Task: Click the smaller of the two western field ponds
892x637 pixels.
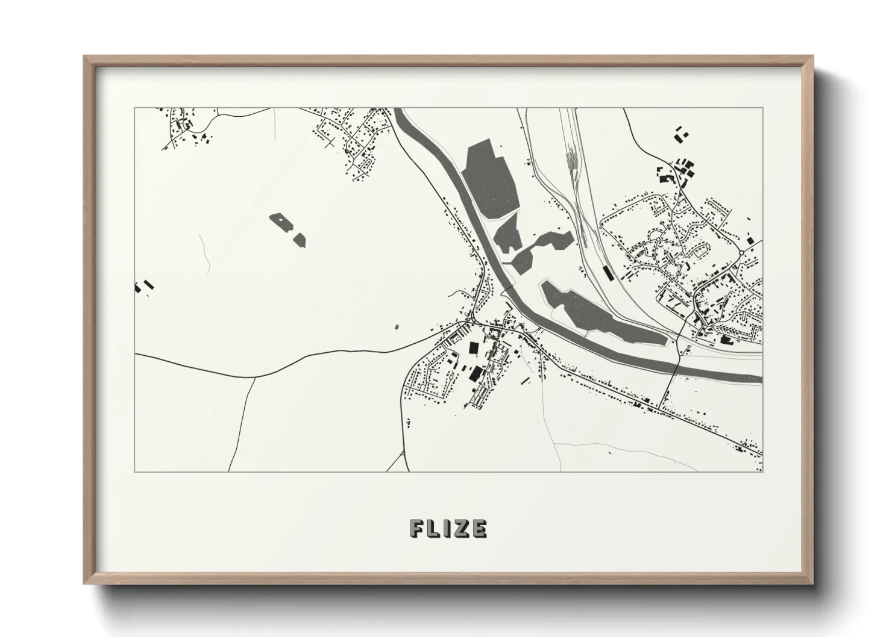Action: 299,240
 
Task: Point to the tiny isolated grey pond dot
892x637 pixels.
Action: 396,328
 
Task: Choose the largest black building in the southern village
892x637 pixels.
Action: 476,373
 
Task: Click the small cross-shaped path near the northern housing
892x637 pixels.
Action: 328,143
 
